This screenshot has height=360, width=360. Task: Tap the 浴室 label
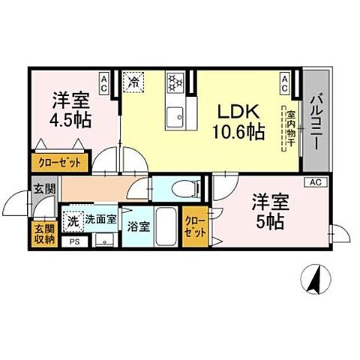[137, 224]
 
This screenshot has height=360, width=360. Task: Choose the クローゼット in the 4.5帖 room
[59, 161]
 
